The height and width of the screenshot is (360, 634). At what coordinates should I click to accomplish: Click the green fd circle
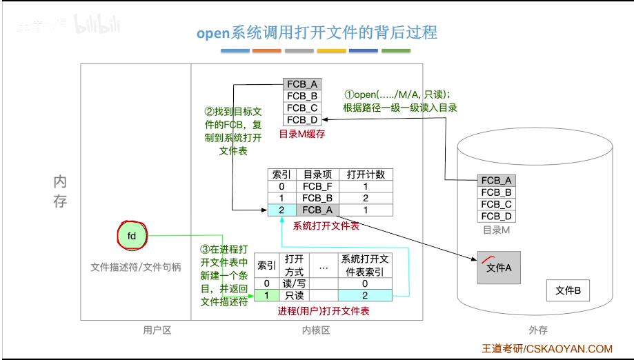coord(132,235)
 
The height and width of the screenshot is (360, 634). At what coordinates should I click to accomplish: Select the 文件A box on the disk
coord(499,268)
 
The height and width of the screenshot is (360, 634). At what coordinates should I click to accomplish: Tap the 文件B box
coord(568,290)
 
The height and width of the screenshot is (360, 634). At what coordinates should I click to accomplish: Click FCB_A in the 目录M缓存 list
coord(302,84)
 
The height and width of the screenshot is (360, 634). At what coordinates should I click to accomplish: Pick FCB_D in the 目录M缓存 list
coord(302,119)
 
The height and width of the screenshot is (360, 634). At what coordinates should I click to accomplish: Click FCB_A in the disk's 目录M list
coord(497,181)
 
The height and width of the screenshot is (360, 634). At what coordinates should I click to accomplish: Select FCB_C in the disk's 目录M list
coord(497,204)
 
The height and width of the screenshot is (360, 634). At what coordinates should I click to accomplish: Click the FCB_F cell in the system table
coord(317,186)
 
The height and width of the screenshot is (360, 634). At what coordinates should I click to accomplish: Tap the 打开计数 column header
coord(366,174)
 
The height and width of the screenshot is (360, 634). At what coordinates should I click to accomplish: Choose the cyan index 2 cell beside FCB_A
coord(281,210)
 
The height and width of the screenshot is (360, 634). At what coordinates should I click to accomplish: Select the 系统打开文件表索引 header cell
coord(365,265)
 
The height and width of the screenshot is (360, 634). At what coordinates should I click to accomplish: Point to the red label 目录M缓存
coord(301,134)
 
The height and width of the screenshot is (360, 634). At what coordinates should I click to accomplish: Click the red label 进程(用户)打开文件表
coord(323,311)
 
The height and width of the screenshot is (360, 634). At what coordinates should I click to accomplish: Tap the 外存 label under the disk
coord(537,330)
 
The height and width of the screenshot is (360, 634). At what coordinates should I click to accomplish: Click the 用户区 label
coord(157,330)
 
